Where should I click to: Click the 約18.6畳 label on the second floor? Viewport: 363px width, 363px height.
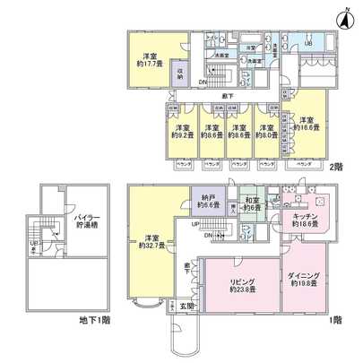pos(307,125)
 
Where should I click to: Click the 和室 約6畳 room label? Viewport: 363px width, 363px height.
pos(252,203)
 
